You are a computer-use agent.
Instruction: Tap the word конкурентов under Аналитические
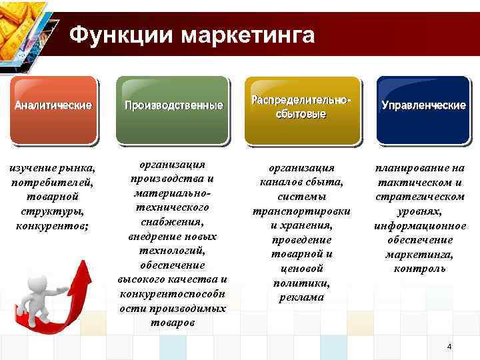click(53, 225)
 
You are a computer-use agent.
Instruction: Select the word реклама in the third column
click(301, 297)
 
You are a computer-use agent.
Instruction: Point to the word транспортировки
click(301, 211)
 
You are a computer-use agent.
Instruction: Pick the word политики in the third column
click(301, 283)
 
